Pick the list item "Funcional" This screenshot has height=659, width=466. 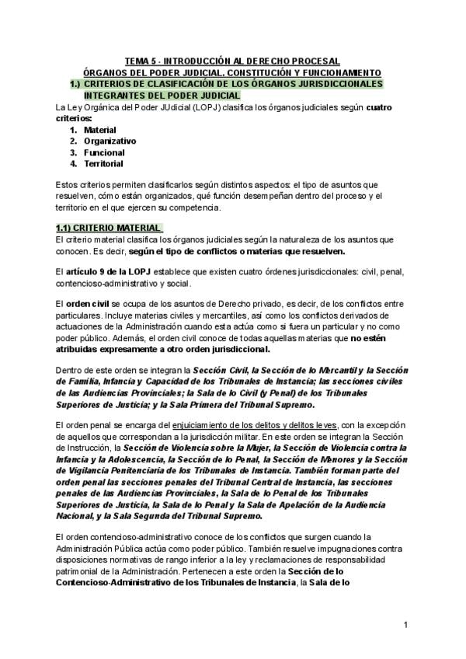point(103,152)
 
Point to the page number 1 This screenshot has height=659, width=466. point(405,626)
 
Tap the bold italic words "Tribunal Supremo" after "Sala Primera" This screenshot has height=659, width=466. point(277,404)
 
